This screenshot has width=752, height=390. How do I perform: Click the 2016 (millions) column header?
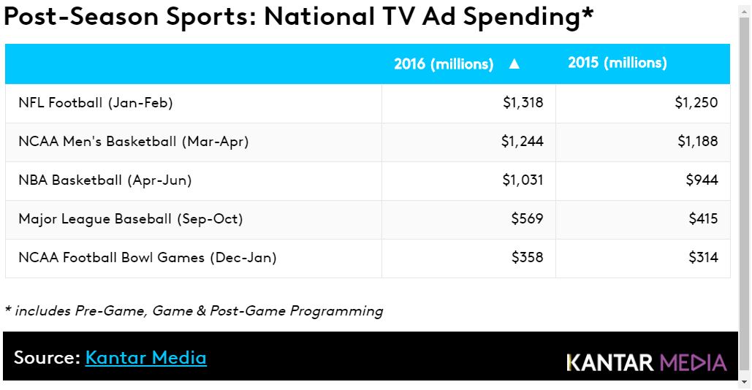(x=444, y=64)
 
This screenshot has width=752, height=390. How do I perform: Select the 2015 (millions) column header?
(x=618, y=64)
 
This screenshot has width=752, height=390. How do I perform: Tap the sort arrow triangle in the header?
(x=514, y=64)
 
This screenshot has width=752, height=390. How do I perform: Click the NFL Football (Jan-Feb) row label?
(x=96, y=103)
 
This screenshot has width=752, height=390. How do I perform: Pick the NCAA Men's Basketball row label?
(x=134, y=142)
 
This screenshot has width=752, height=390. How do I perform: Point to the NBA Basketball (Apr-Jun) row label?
(x=105, y=180)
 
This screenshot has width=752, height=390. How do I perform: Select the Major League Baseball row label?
(x=131, y=219)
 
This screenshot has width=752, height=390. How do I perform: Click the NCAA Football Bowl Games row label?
(x=148, y=258)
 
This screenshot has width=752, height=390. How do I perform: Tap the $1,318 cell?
(x=523, y=103)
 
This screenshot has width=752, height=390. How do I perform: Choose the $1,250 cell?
(x=696, y=103)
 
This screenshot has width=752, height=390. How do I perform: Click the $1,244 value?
(x=523, y=142)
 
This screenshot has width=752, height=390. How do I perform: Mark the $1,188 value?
(x=698, y=142)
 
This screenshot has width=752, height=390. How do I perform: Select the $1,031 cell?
(x=523, y=180)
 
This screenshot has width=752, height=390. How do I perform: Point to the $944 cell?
(x=702, y=180)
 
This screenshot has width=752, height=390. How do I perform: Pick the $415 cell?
(x=703, y=219)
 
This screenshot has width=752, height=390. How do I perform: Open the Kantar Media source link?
(x=146, y=358)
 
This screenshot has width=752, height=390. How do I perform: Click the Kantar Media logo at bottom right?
(x=647, y=362)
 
